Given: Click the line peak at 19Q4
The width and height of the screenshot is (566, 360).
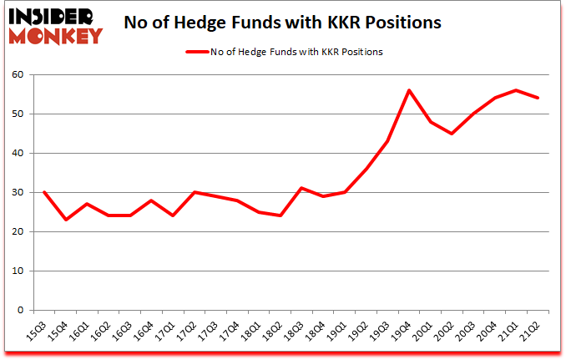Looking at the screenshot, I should tap(409, 90).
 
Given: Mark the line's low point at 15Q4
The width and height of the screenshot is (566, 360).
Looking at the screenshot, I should tap(65, 220).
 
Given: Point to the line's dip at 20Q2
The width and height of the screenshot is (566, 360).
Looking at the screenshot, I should tap(452, 134).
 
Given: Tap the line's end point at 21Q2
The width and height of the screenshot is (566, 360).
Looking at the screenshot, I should tap(538, 98).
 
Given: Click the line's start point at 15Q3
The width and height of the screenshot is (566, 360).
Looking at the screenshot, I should tap(43, 192).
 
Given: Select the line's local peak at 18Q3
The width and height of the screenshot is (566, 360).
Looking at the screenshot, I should tap(301, 188).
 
